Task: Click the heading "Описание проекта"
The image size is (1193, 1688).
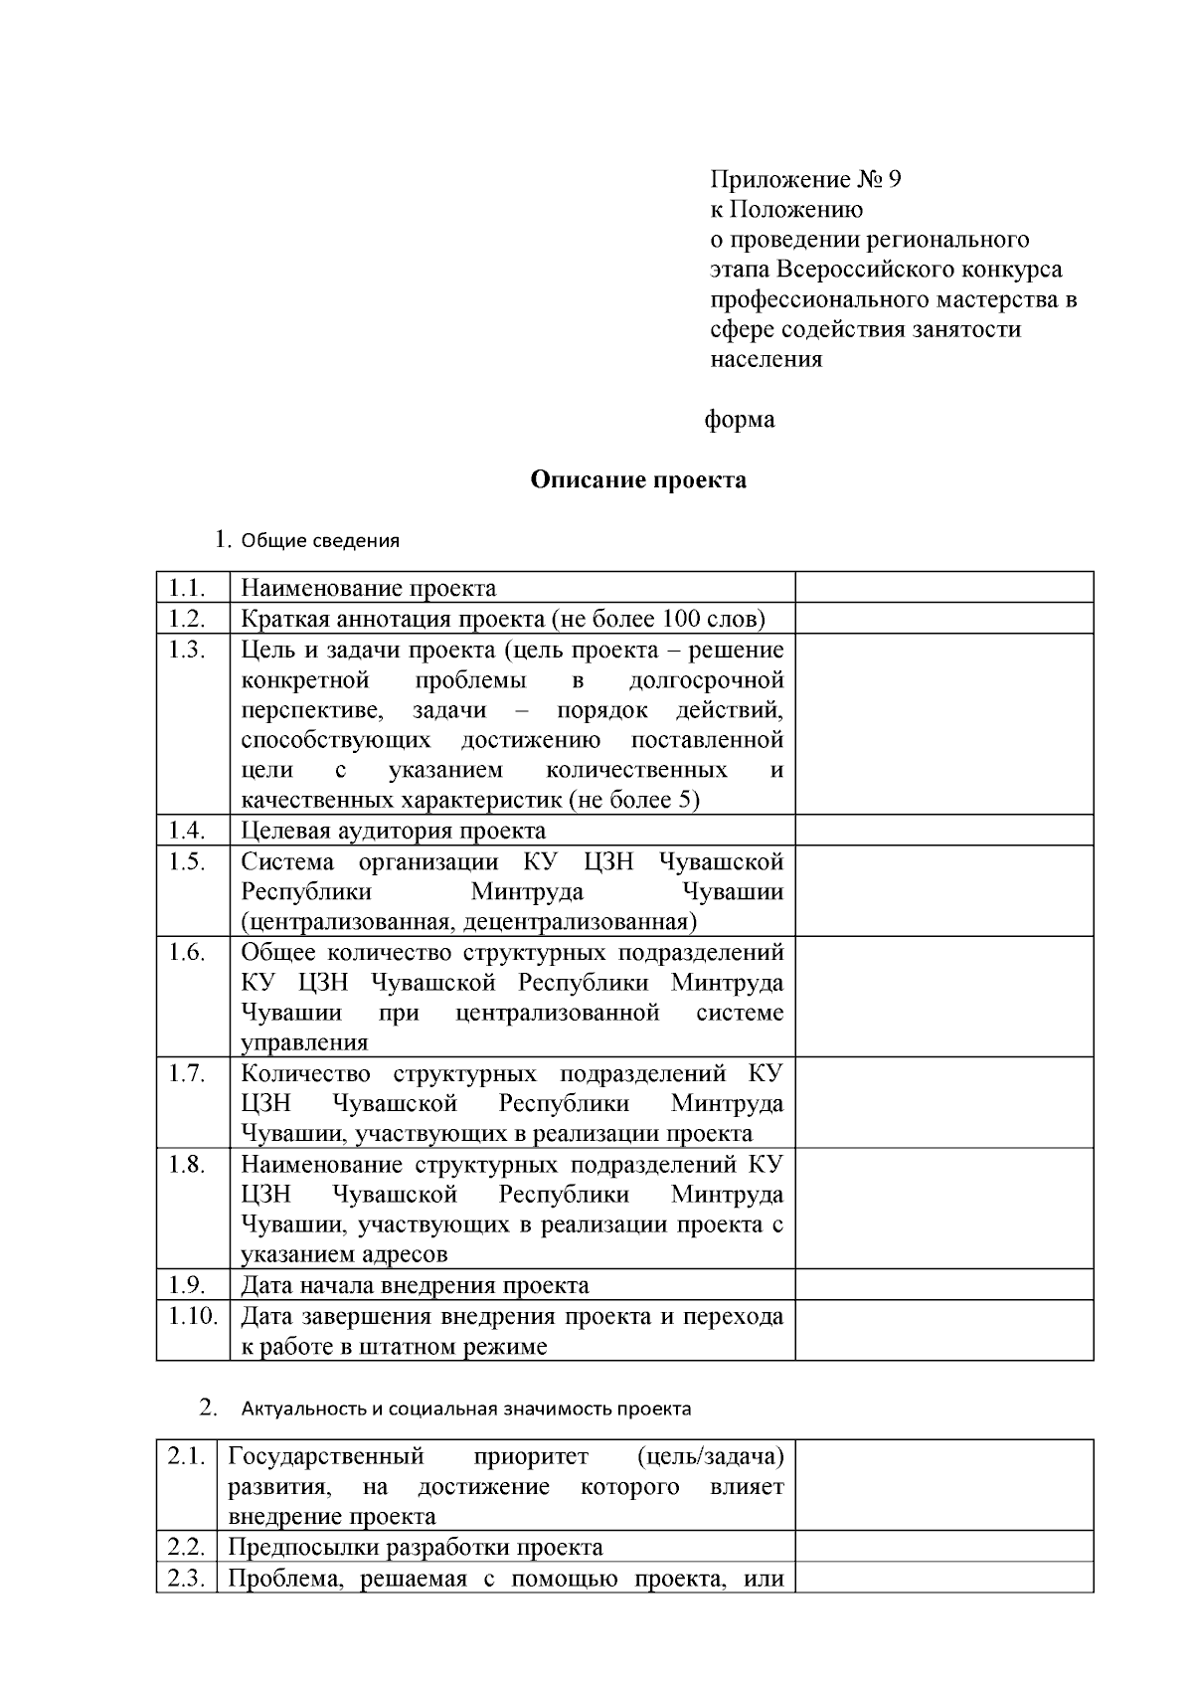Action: point(637,480)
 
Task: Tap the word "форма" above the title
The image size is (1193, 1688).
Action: point(739,420)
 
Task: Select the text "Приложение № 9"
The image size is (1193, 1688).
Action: point(804,180)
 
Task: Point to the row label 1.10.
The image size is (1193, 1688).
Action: point(192,1316)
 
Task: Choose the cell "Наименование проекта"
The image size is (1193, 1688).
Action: point(369,588)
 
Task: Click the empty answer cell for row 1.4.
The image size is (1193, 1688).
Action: point(943,831)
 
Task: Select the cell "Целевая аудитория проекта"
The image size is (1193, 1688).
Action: point(393,831)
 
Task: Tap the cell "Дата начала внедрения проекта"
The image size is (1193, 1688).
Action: point(415,1285)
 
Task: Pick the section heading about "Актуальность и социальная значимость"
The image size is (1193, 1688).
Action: point(466,1409)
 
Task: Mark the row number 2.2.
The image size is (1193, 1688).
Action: point(186,1548)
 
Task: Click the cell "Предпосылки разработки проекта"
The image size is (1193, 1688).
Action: point(416,1548)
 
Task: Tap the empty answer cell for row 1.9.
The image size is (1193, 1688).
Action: point(943,1285)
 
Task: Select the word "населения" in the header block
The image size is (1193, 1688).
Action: point(766,359)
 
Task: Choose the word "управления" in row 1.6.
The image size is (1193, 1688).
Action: point(304,1042)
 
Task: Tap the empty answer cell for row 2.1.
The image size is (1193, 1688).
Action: point(943,1486)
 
